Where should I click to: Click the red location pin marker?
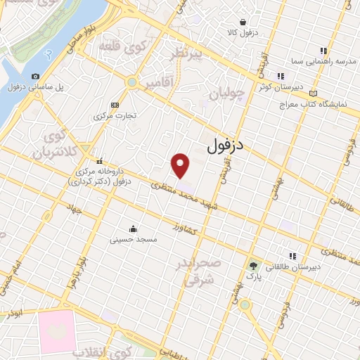181,165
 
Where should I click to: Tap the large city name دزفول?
225,146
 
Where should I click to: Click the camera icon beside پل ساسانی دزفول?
36,76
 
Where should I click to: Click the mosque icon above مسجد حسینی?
133,229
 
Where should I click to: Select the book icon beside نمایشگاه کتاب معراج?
313,94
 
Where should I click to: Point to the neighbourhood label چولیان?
226,93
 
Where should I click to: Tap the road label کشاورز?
187,229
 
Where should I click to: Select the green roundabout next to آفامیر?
131,82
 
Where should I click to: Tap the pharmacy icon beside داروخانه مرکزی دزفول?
100,161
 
